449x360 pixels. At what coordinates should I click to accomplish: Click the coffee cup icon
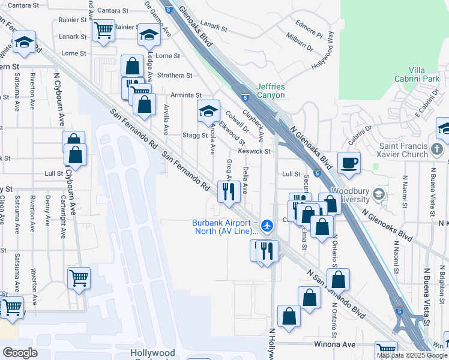(x=348, y=163)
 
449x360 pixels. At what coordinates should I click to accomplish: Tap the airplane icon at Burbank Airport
(x=268, y=226)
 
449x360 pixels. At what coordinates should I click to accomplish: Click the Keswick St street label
(x=255, y=151)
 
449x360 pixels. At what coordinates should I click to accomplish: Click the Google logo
(x=20, y=353)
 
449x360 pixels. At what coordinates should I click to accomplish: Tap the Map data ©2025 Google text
(x=412, y=355)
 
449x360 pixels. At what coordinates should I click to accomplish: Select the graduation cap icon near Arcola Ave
(x=208, y=110)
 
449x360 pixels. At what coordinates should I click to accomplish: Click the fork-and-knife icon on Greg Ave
(x=228, y=191)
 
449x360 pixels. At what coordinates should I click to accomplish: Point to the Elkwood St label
(x=232, y=134)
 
